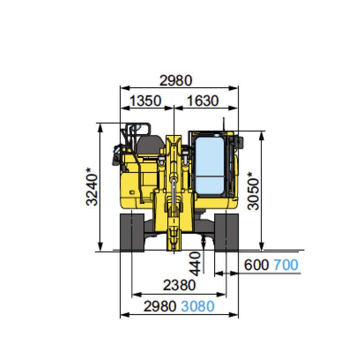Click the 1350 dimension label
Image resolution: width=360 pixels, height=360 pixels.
point(145,100)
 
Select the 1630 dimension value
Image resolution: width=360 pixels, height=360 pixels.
point(203,100)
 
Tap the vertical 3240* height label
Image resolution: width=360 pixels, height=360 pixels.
point(92,187)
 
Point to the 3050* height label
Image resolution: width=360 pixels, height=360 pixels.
point(253,191)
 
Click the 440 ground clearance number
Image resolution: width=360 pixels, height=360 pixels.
point(195,264)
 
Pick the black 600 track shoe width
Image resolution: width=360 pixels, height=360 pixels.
point(256,265)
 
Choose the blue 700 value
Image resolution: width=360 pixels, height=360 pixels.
point(286,265)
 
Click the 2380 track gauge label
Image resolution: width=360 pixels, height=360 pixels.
point(179,285)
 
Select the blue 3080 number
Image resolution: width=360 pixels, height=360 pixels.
point(198,306)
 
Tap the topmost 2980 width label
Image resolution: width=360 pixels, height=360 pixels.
point(175,81)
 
